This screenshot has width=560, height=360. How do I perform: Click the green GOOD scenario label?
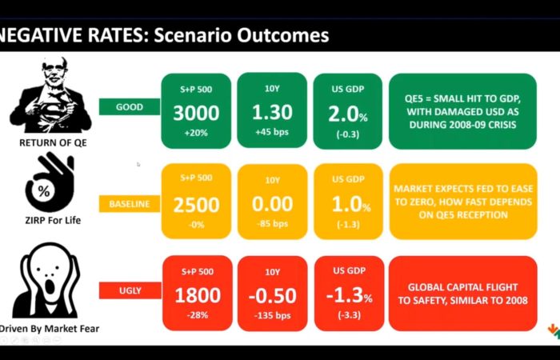click(130, 106)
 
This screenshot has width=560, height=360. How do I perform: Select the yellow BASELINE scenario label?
click(130, 204)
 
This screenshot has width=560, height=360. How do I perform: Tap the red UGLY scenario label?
click(130, 290)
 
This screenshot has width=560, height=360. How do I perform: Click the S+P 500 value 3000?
click(196, 113)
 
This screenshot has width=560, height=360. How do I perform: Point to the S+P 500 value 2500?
click(196, 205)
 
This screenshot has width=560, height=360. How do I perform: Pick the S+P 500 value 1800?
click(198, 296)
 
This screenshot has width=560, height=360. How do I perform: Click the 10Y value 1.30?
click(272, 112)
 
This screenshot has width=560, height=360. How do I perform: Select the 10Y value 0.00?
click(273, 204)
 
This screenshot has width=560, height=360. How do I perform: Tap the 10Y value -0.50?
click(273, 296)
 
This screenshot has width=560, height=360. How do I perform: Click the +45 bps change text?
click(272, 132)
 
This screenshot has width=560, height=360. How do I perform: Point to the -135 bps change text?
click(273, 316)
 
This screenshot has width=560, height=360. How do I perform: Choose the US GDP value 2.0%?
click(348, 114)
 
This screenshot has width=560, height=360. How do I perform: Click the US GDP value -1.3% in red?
click(350, 296)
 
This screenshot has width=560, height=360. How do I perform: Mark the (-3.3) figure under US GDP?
click(349, 315)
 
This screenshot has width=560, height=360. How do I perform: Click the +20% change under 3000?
click(196, 133)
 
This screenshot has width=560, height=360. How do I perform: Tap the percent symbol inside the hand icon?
click(44, 191)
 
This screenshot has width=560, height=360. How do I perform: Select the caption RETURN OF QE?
click(53, 143)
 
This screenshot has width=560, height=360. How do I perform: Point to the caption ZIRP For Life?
click(53, 220)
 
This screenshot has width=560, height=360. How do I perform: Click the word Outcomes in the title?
click(283, 35)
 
